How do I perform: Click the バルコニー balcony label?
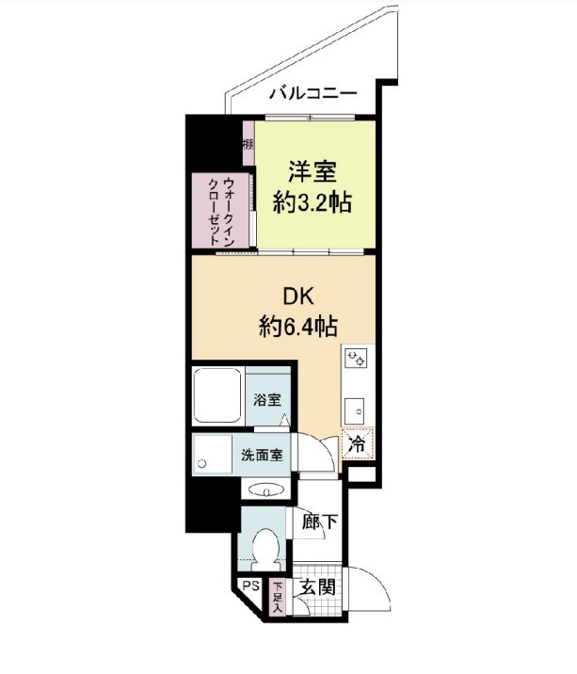[x=313, y=93]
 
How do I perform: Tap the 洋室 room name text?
[x=313, y=172]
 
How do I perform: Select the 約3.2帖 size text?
[x=313, y=202]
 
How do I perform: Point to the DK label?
[x=298, y=297]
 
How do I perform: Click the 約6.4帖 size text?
[x=298, y=327]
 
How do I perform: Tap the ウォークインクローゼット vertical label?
[x=221, y=212]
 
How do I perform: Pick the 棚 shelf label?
[x=248, y=144]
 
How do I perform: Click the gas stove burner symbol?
[x=357, y=359]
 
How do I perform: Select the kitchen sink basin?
[x=356, y=410]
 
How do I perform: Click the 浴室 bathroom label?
[x=267, y=400]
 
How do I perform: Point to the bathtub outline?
[x=216, y=395]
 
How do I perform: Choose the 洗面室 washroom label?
[x=262, y=455]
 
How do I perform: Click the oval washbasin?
[x=266, y=490]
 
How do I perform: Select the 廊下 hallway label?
[x=319, y=522]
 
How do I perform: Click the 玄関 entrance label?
[x=318, y=587]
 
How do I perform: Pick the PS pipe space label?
[x=251, y=586]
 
